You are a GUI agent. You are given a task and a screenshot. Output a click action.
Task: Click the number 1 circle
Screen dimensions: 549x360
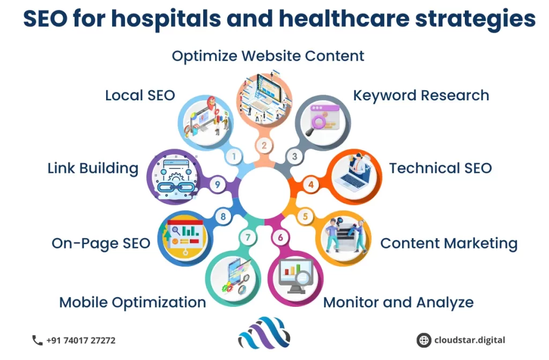pos(234,156)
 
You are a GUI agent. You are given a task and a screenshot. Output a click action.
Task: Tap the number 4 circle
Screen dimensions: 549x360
pos(310,185)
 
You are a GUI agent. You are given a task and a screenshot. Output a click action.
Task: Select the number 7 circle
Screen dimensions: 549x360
pos(248,238)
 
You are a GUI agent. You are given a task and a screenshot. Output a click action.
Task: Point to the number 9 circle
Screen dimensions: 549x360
pos(218,185)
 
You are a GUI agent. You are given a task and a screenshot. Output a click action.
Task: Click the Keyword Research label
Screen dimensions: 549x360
pos(421,95)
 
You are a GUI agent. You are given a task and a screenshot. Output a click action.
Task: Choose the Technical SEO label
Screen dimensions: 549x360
pos(441,168)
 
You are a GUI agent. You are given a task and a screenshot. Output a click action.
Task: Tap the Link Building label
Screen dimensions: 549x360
pos(93,168)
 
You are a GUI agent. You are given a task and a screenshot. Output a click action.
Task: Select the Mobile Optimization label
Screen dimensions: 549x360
pos(132,303)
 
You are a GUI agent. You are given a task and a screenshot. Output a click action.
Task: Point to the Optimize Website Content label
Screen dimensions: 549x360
pos(268,56)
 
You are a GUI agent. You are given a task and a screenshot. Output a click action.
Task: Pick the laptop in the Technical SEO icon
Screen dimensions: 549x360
pos(351,179)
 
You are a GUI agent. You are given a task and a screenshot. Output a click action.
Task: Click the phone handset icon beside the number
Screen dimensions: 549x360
pos(37,340)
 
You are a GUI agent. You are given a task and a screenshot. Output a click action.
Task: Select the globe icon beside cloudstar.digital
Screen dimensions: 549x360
pos(424,340)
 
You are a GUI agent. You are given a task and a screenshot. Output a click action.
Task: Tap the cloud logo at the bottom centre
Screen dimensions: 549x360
pos(264,333)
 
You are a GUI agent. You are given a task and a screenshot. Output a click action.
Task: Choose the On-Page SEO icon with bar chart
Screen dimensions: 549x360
pos(184,238)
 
